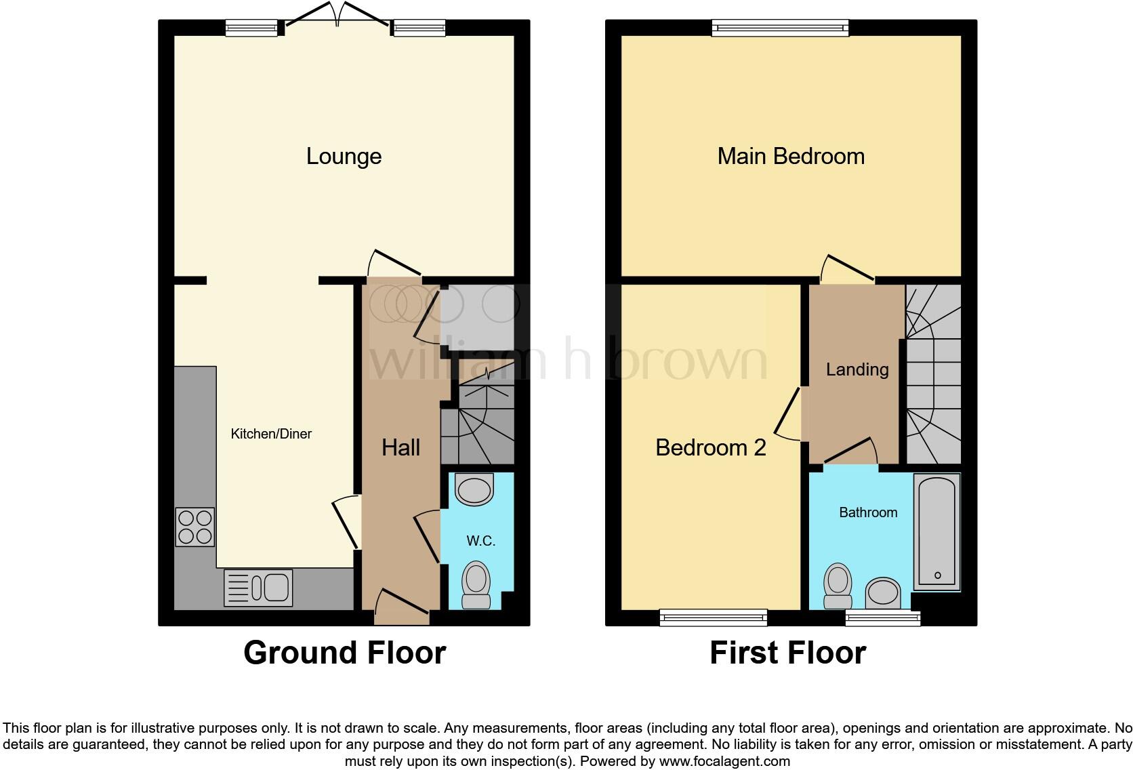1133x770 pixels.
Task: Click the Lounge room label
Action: pos(344,157)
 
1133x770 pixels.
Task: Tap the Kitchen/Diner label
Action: pos(271,434)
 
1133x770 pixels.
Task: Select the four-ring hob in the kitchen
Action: pos(195,527)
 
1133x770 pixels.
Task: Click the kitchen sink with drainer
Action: pos(258,587)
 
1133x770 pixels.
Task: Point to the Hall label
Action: pos(400,447)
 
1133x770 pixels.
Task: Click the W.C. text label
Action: pos(480,541)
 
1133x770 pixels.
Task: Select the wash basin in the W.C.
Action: pos(474,490)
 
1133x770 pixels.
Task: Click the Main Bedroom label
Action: pos(791,157)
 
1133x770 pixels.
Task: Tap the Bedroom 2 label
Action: pos(711,447)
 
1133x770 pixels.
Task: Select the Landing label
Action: pos(857,369)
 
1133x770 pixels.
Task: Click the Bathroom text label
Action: pos(868,512)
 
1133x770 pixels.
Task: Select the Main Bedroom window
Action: pos(781,27)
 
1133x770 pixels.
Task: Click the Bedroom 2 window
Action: pos(714,617)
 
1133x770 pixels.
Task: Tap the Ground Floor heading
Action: pos(344,653)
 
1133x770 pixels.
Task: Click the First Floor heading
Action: pos(787,653)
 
